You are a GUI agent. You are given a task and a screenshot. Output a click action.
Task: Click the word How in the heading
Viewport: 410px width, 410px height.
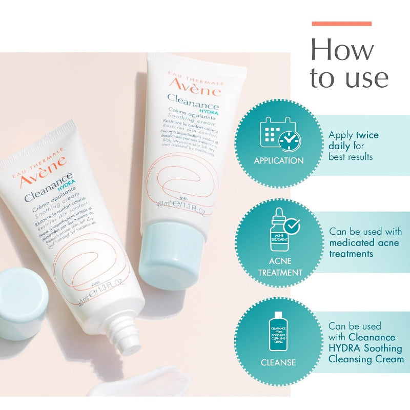tap(342, 50)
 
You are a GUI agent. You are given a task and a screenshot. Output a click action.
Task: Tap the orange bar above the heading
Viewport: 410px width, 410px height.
tap(341, 24)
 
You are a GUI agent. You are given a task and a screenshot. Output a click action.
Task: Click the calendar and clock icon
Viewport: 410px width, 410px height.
tap(280, 134)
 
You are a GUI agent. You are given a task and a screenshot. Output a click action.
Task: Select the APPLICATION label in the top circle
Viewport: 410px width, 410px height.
tap(279, 160)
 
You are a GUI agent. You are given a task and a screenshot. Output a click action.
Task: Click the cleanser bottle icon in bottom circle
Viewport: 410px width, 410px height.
tap(278, 331)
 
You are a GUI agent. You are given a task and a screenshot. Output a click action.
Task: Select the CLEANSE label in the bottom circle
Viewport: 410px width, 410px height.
tap(278, 362)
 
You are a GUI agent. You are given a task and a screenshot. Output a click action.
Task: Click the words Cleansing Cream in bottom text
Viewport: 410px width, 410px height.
tap(366, 359)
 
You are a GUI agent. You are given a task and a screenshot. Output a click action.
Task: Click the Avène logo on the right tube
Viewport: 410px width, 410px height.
tap(195, 88)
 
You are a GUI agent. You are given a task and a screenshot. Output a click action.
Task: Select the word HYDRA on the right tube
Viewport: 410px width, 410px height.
tap(208, 111)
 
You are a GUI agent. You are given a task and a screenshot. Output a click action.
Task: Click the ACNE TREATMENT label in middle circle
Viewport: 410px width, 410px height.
tap(280, 267)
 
